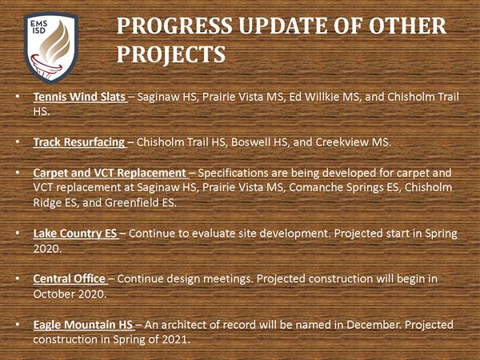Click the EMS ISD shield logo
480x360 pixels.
pyautogui.click(x=51, y=47)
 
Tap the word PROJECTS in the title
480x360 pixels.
pyautogui.click(x=171, y=54)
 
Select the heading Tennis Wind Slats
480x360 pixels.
pyautogui.click(x=79, y=97)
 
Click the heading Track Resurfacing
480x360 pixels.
pyautogui.click(x=79, y=142)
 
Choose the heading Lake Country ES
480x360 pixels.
pyautogui.click(x=75, y=234)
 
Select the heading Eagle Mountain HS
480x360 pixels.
pyautogui.click(x=83, y=325)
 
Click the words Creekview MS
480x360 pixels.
pyautogui.click(x=353, y=142)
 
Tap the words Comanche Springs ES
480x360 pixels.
pyautogui.click(x=344, y=187)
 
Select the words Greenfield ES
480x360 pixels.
pyautogui.click(x=140, y=202)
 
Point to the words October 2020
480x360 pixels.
pyautogui.click(x=69, y=294)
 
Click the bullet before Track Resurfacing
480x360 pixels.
pyautogui.click(x=18, y=142)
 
